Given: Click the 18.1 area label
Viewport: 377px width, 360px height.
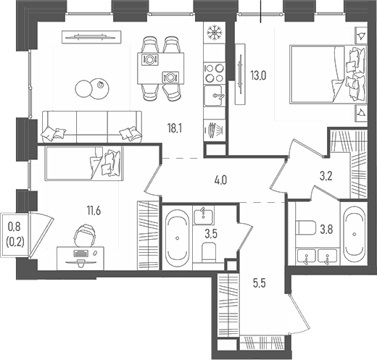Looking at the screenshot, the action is coord(175,128).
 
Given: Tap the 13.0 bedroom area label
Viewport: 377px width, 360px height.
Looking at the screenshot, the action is coord(258,76).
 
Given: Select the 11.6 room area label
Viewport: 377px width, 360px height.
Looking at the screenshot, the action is coord(94,211).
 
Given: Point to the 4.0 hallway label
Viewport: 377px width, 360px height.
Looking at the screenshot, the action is coord(220,180).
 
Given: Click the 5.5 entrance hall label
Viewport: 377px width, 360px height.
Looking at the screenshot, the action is coord(260,283).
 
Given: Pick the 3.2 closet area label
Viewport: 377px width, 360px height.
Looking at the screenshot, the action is coord(326,177).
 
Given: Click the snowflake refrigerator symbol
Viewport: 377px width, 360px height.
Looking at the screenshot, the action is coord(215,33).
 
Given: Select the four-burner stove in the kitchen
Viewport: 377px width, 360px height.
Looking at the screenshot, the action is coord(215,73).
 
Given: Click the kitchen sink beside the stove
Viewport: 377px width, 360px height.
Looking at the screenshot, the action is coord(213,96).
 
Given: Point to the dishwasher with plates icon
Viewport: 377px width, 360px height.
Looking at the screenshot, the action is coord(215,130).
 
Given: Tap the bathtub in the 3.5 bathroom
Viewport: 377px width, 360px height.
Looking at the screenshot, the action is coord(177,238).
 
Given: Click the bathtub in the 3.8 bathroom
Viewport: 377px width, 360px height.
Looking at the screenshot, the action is coord(355,233).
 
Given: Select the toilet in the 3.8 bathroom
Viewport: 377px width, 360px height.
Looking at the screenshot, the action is coord(306,227).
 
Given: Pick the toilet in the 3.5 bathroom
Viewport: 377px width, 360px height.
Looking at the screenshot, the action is coord(209,252).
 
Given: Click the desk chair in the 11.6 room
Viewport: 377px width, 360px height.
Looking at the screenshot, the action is coord(85,235).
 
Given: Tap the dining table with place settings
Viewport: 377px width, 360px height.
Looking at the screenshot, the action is coord(161,68).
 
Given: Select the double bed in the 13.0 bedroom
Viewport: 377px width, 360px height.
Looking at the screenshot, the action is coord(328,75).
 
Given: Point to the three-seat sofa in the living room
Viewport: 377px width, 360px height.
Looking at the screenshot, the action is coord(91,127).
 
